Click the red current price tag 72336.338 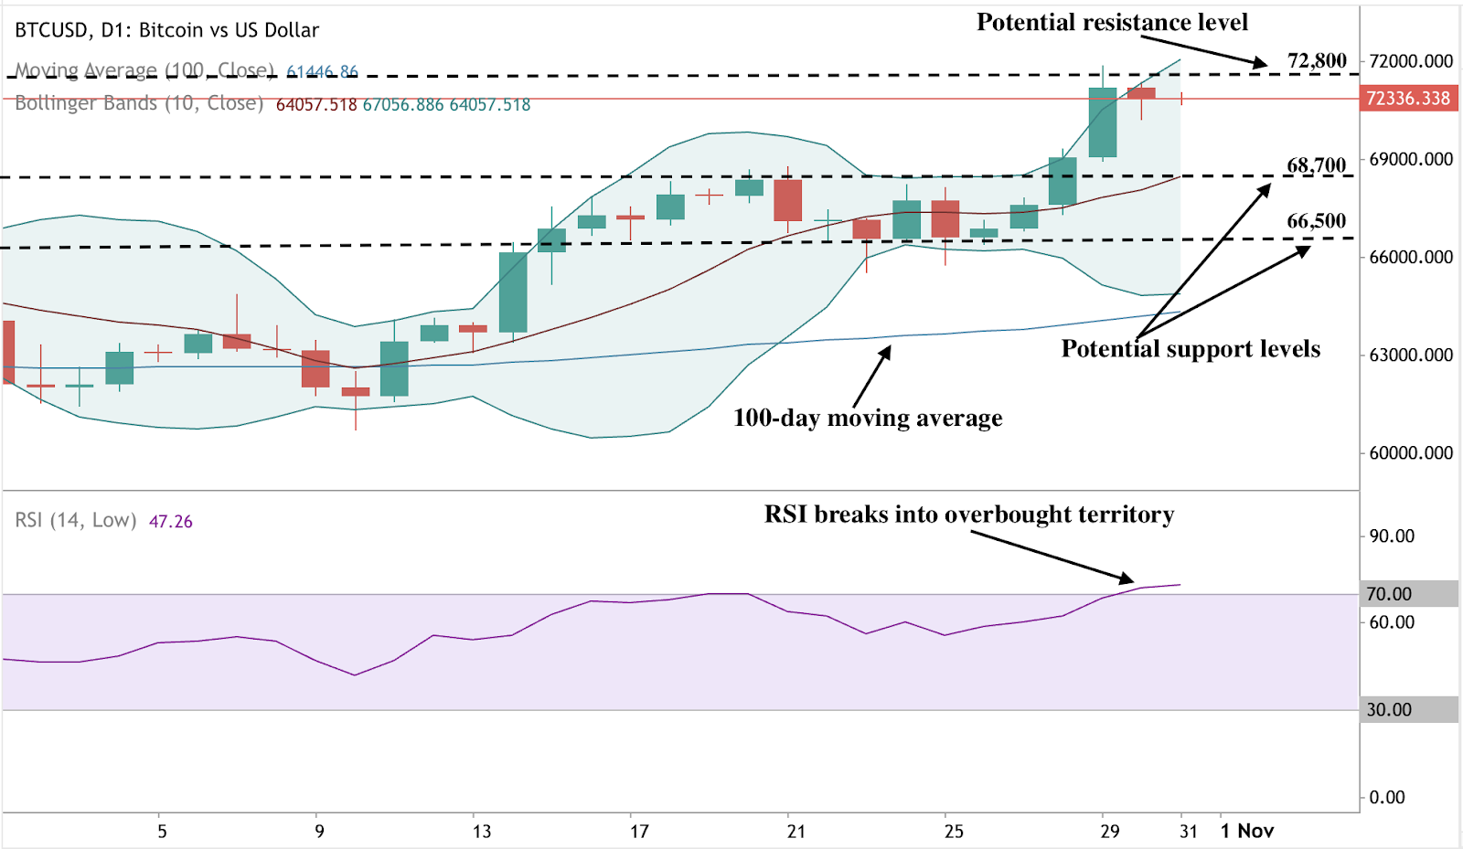pos(1407,99)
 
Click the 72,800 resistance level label pos(1317,61)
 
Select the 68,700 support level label pos(1317,165)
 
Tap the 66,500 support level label pos(1317,221)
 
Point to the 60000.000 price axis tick pos(1411,453)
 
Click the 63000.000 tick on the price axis pos(1411,356)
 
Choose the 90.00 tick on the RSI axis pos(1392,536)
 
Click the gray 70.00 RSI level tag pos(1389,594)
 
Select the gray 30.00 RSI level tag pos(1389,710)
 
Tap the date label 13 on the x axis pos(482,832)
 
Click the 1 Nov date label pos(1247,831)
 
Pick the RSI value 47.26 pos(171,522)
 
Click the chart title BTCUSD pos(52,30)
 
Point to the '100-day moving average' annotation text pos(868,419)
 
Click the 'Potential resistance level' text pos(1112,23)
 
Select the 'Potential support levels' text pos(1191,349)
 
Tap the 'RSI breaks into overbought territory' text pos(969,515)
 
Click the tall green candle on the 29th pos(1103,122)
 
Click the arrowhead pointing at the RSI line pos(1128,578)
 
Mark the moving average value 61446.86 pos(322,71)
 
